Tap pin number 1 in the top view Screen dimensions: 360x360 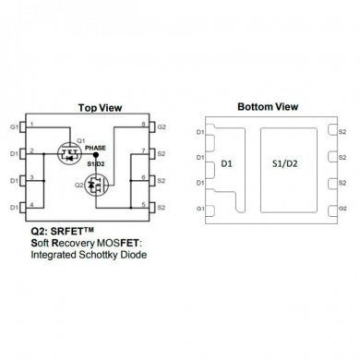point(32,124)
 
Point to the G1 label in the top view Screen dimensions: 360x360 point(14,126)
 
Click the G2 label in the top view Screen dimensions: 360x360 point(162,126)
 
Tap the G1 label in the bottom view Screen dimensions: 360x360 point(201,210)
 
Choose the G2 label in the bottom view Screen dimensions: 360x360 point(342,210)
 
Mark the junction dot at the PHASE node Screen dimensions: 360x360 point(95,156)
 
